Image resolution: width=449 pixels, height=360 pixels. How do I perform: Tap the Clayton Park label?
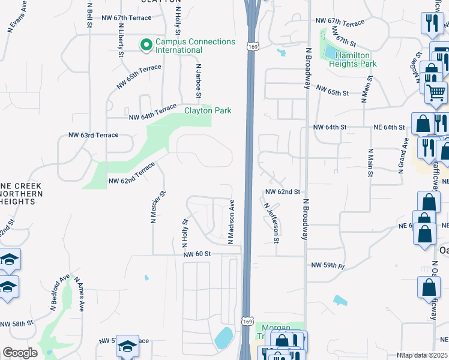(208, 110)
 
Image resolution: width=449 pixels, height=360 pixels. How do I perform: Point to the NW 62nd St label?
(282, 192)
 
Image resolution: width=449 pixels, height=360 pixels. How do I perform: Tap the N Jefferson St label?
(272, 222)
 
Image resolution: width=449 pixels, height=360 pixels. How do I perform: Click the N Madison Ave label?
(231, 221)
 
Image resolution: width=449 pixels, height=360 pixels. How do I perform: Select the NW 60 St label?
(197, 254)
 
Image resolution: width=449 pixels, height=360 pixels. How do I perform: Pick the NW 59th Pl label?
(328, 265)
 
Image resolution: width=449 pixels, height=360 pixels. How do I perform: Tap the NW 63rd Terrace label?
(94, 136)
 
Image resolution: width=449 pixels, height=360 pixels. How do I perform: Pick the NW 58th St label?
(17, 324)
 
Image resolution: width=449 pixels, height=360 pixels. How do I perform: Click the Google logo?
(20, 353)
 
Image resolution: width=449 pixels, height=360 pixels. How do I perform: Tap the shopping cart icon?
(436, 92)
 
